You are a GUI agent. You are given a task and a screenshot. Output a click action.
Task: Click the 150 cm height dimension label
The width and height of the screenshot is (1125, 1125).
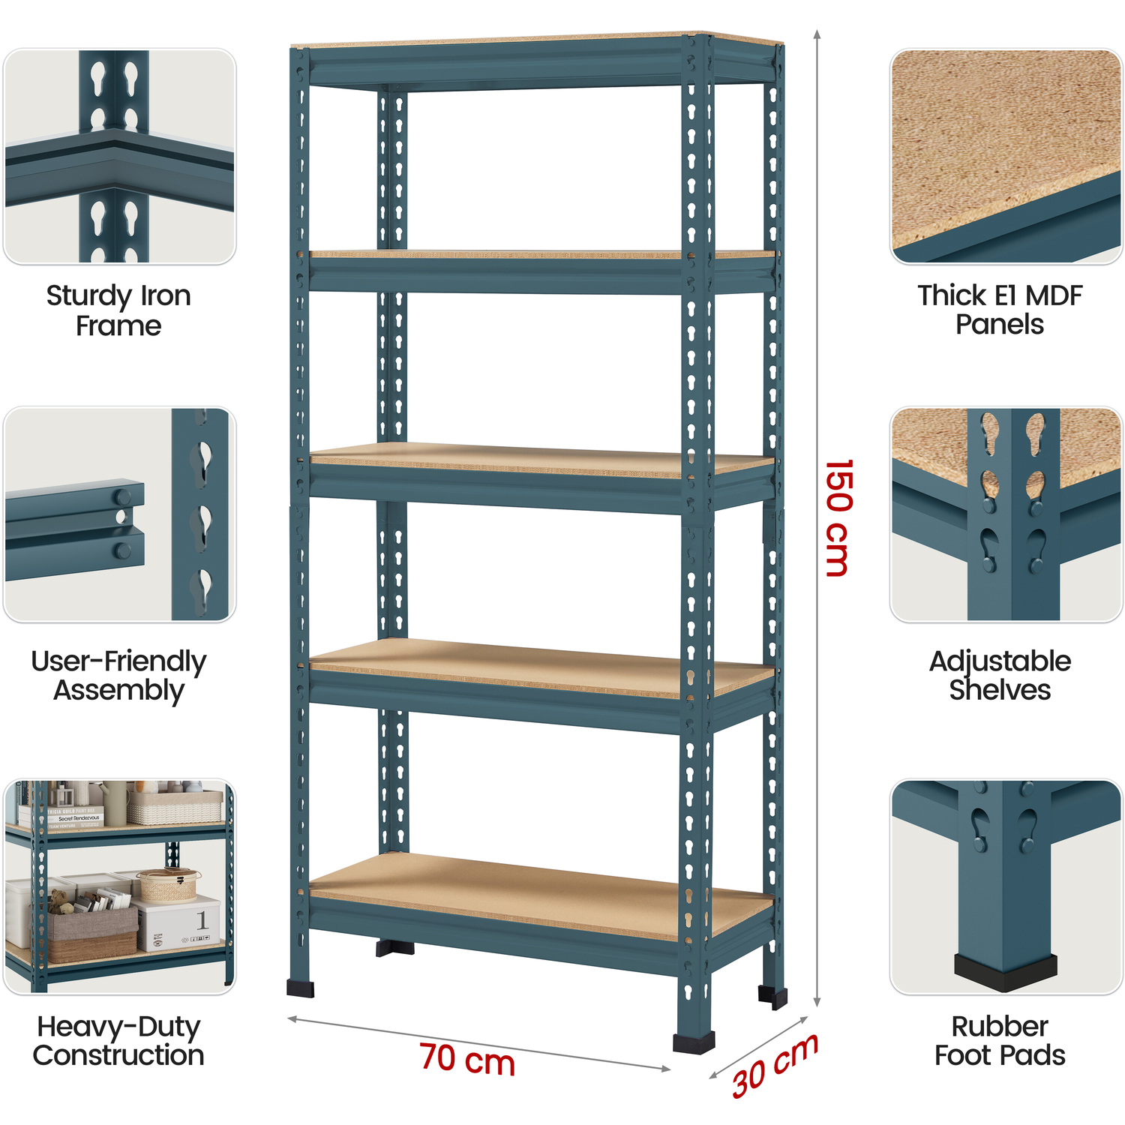click(838, 517)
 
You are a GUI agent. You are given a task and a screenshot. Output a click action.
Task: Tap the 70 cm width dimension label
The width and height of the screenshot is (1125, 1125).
click(467, 1060)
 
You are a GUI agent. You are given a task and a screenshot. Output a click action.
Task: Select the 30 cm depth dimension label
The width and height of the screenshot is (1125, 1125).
click(775, 1065)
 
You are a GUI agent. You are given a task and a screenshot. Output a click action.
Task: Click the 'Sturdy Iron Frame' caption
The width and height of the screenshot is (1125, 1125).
click(118, 310)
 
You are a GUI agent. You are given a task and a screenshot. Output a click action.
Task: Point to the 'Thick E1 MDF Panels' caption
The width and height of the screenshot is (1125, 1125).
click(1000, 310)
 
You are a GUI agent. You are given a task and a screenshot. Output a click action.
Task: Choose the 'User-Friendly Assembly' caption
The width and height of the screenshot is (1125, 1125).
click(118, 676)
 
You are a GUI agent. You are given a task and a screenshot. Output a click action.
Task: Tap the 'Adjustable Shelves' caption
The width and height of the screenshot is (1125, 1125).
click(1000, 675)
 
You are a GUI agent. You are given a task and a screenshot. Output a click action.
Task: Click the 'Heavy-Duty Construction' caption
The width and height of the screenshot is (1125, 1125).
click(118, 1040)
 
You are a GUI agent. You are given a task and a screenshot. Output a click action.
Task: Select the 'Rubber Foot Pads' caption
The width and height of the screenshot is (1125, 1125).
click(1000, 1040)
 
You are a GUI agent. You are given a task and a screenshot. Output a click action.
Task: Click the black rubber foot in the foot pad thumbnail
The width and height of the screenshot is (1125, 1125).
click(1006, 973)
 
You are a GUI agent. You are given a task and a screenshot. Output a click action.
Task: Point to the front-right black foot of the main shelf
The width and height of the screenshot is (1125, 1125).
click(694, 1042)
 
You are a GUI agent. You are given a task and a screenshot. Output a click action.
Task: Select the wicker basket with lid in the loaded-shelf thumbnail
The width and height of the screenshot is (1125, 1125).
click(169, 884)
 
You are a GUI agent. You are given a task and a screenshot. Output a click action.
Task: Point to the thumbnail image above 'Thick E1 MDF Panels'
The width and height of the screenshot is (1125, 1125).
click(1006, 157)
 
